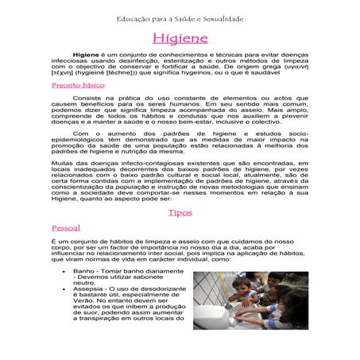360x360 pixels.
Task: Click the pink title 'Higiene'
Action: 180,38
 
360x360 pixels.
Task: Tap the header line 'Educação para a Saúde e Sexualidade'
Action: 180,17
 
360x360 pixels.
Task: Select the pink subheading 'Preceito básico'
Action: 77,83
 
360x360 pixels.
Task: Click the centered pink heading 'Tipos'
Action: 180,213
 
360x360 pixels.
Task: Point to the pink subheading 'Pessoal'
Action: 65,227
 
